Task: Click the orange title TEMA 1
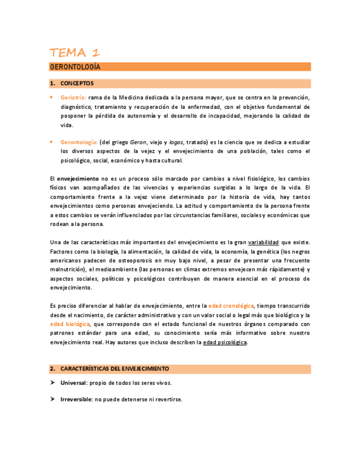(75, 53)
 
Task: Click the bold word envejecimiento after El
(77, 179)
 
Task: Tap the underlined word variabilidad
(264, 242)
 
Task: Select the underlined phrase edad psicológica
(225, 342)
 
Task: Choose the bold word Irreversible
(76, 400)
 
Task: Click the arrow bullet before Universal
(52, 383)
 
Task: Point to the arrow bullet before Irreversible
(52, 400)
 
